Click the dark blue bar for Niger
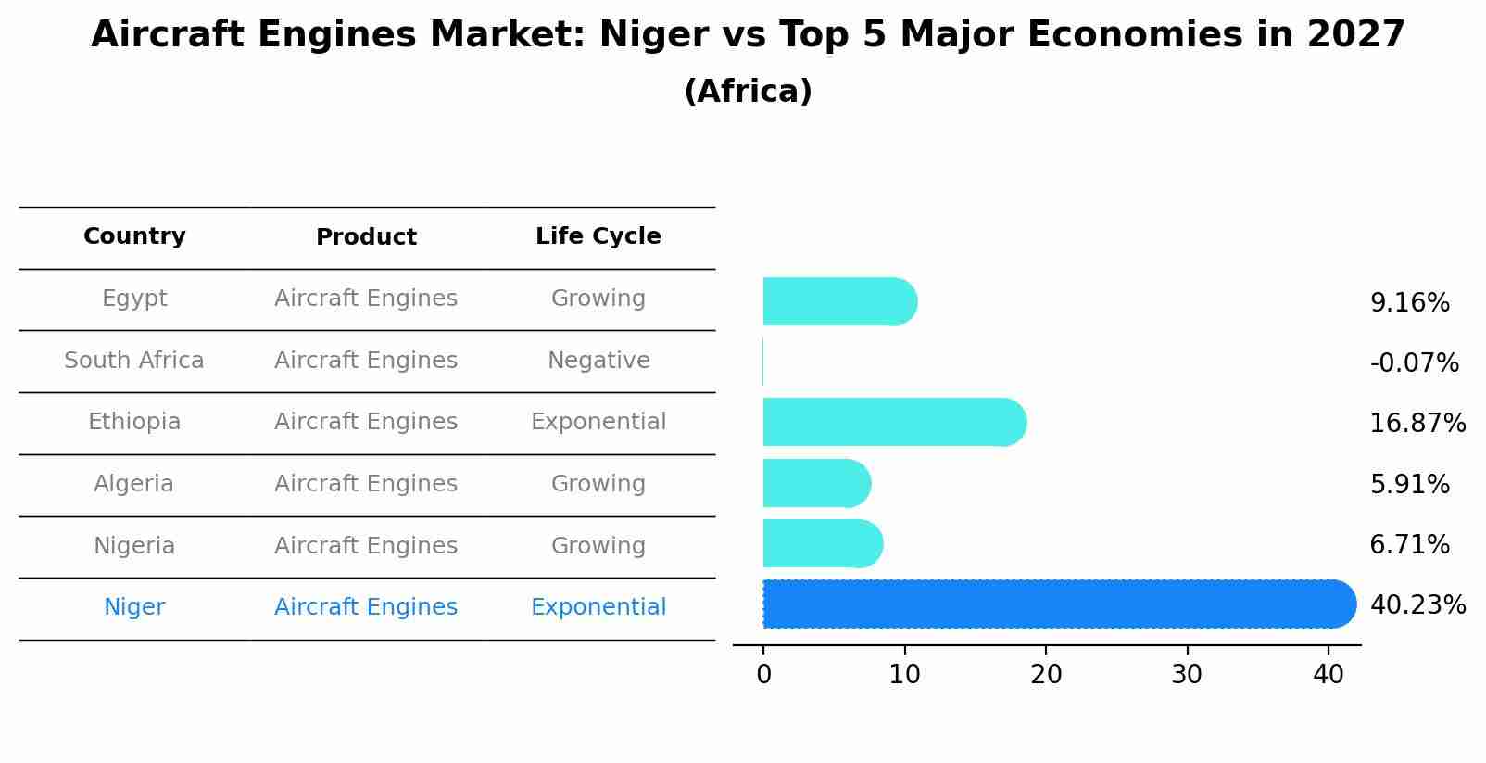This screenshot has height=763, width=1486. (x=1056, y=604)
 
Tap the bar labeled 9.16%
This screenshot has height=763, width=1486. (x=838, y=301)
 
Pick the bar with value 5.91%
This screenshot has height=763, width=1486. (x=815, y=483)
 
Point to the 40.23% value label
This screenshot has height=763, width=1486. (x=1417, y=605)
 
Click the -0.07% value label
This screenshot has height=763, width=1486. (x=1414, y=362)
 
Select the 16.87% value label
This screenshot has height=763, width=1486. (x=1417, y=424)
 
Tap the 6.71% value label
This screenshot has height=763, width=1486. (x=1409, y=545)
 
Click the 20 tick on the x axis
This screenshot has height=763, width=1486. (x=1046, y=675)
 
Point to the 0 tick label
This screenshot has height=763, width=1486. (x=763, y=675)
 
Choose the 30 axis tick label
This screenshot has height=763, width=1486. (x=1187, y=675)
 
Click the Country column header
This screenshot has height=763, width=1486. (x=134, y=236)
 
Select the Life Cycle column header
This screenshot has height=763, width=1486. (x=598, y=236)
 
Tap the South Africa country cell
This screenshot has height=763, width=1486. (x=134, y=361)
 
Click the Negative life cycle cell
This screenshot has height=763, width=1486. (x=598, y=361)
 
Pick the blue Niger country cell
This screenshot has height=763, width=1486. (x=134, y=607)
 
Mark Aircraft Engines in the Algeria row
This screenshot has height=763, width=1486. (x=366, y=484)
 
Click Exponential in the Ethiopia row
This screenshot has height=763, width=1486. (x=598, y=422)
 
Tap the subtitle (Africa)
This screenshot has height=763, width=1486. (x=748, y=92)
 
